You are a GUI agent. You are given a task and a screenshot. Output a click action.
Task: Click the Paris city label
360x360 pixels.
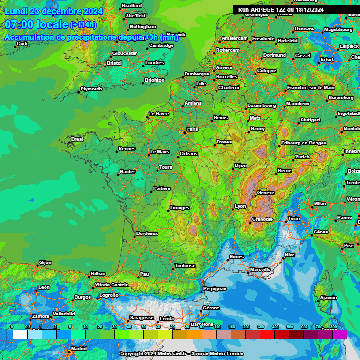click(193, 129)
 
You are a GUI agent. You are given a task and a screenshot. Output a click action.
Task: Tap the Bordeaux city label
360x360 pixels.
click(147, 233)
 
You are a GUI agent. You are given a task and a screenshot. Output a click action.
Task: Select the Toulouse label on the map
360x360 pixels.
click(185, 265)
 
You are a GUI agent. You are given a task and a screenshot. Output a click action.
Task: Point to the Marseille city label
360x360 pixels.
click(260, 269)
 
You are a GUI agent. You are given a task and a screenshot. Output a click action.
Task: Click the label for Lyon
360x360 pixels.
click(240, 206)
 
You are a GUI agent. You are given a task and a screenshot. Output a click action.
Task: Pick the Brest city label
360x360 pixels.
click(77, 139)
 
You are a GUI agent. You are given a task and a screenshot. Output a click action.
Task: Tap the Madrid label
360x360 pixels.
click(78, 348)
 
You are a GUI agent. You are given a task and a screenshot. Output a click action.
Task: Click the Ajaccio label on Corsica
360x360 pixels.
click(328, 297)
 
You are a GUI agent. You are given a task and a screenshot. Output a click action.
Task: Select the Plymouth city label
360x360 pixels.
click(91, 89)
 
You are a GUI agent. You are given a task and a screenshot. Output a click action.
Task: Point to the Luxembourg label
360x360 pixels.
click(262, 105)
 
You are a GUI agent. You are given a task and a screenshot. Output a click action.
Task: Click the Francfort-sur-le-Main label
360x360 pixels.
click(311, 87)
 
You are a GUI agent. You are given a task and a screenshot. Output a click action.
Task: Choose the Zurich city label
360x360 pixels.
click(302, 157)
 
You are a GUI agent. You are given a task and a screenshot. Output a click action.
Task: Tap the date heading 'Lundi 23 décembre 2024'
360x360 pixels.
click(53, 11)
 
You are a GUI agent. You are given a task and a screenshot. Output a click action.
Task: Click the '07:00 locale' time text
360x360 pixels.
click(36, 24)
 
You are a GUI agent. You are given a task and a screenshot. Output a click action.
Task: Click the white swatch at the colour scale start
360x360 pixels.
click(20, 334)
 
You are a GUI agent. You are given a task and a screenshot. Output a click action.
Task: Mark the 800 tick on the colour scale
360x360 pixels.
click(333, 327)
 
